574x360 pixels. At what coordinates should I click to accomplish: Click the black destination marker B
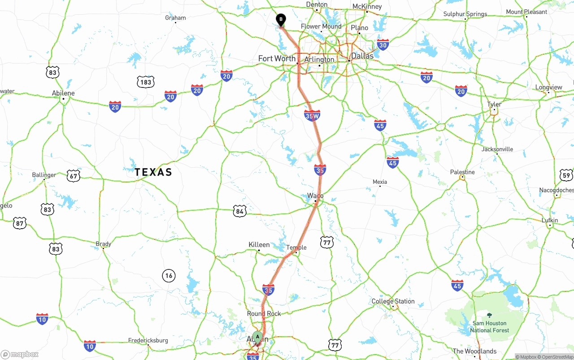coord(281,20)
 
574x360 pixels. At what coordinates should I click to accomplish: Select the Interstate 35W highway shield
coord(312,116)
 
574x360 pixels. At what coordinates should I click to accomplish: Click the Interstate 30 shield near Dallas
coord(383,44)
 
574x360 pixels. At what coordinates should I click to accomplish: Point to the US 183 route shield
coord(146,82)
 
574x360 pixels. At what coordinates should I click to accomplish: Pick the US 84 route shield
coord(240,211)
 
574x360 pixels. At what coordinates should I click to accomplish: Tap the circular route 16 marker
coord(169,276)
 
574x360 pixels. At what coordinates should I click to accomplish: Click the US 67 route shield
coord(74,176)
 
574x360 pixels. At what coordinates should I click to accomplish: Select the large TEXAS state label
coord(153,172)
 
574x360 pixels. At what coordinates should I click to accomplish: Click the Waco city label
coord(315,196)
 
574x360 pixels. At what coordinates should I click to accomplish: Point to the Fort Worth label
coord(277,59)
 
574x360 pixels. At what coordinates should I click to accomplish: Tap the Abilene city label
coord(63,93)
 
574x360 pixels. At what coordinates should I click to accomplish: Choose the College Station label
coord(393,301)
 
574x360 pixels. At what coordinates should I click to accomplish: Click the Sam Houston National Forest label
coord(489,326)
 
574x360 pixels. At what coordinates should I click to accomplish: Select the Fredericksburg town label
coord(148,340)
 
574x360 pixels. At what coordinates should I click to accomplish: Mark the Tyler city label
coord(494,104)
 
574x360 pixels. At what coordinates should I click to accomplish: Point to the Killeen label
coord(259,245)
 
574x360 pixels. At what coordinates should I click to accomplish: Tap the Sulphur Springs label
coord(465,14)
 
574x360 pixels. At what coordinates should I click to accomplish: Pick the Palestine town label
coord(462,172)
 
